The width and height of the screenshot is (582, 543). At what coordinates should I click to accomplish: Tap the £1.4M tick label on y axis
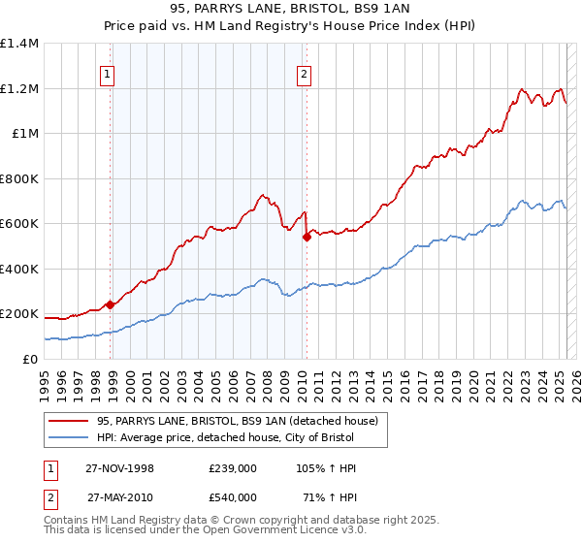click(19, 44)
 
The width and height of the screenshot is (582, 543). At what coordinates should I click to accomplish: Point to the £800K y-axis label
click(19, 178)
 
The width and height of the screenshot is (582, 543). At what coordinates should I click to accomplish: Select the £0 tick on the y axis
click(30, 359)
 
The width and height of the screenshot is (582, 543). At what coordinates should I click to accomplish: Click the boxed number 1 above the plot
click(106, 74)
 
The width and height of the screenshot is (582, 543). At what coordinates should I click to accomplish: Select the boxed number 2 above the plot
click(304, 74)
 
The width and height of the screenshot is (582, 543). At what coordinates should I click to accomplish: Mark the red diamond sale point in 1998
click(111, 304)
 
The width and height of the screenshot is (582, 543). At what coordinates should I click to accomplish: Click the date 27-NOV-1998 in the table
click(121, 468)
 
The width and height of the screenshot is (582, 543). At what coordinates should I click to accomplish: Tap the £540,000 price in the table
click(233, 496)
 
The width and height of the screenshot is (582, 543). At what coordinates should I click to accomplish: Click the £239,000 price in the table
click(233, 468)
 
